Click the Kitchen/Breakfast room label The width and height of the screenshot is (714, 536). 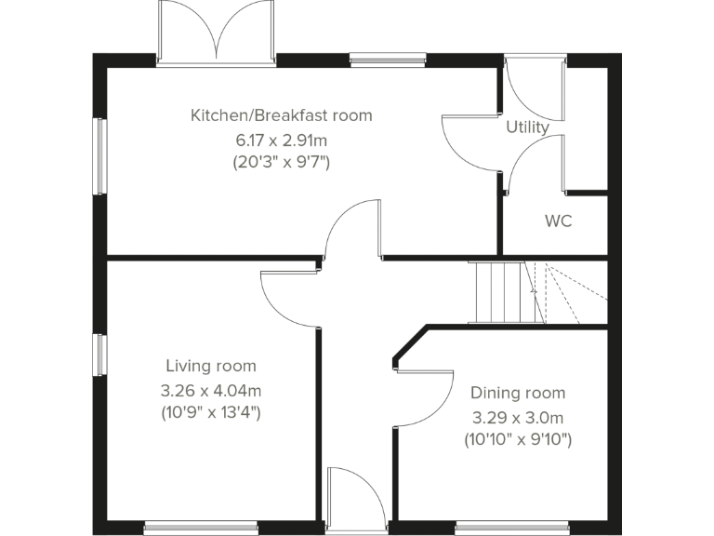coord(281,115)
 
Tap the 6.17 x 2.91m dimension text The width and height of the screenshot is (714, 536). coord(281,141)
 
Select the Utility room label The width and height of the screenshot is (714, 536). coord(527,127)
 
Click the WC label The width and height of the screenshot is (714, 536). coord(558,221)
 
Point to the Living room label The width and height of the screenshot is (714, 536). coord(211,366)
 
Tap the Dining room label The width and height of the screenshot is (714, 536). coord(517,393)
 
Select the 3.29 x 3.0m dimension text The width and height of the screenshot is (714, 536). coord(517,417)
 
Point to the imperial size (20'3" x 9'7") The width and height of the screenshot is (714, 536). coord(281,162)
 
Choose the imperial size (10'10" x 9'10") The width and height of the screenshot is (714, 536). coord(517,438)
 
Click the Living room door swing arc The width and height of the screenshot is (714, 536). coord(288,296)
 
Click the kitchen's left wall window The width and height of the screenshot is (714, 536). coord(99,156)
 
